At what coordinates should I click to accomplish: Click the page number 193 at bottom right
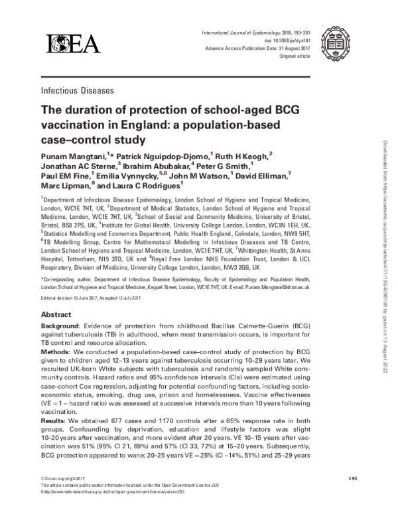354,479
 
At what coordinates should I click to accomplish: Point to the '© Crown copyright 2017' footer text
64,479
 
